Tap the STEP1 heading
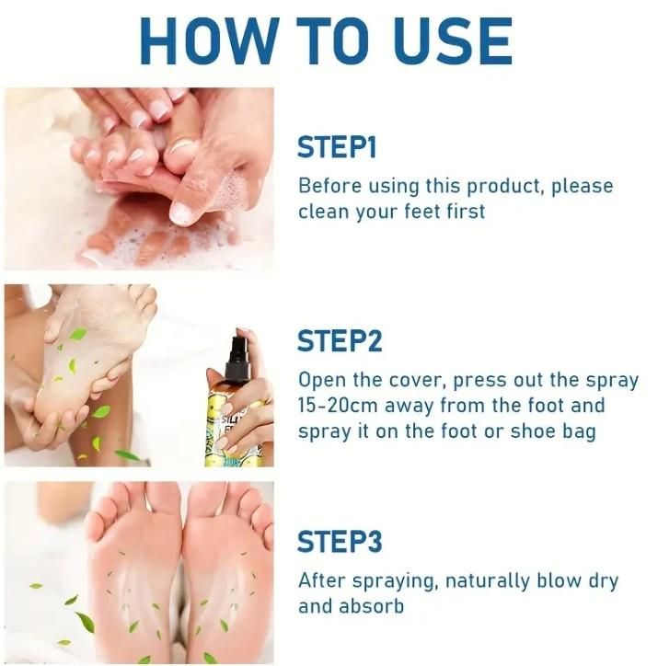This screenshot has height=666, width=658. (x=337, y=147)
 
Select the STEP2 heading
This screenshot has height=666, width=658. (x=340, y=341)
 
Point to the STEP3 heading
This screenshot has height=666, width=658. (x=340, y=540)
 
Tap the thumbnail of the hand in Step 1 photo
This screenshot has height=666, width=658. (x=181, y=213)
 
